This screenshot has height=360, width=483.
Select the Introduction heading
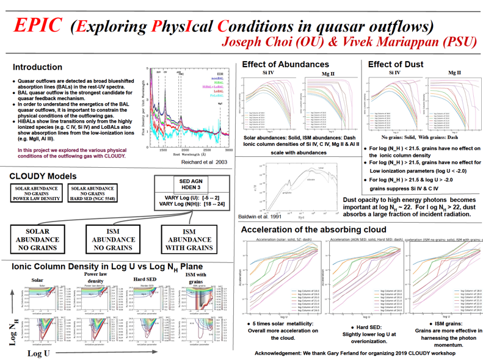tap(37, 67)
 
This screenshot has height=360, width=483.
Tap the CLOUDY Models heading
tap(43, 176)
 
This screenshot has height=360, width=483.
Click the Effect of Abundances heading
tap(285, 64)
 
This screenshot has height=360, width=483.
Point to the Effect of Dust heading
tap(396, 64)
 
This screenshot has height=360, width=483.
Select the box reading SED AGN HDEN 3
tap(190, 185)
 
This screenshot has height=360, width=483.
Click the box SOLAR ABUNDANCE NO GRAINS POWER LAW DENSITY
tap(38, 193)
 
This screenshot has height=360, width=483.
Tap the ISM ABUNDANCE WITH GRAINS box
tap(189, 240)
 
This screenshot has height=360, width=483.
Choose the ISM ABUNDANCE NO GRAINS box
tap(113, 240)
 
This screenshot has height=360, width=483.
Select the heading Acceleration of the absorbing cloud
tap(313, 229)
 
